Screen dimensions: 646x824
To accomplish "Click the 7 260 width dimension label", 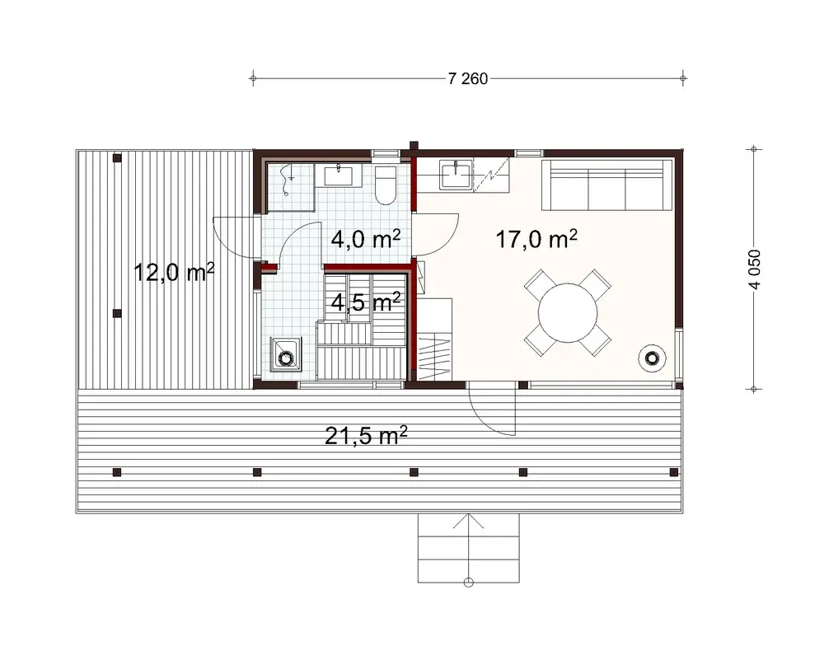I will click(467, 79).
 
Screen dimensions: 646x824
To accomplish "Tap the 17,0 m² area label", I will click(536, 240).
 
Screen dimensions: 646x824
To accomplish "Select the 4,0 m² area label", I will click(366, 239).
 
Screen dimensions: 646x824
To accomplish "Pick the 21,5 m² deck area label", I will click(367, 436).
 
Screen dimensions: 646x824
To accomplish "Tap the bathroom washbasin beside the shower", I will click(339, 176).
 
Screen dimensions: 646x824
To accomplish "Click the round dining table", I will click(569, 313).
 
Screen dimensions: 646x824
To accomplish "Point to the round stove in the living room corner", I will click(652, 357).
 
